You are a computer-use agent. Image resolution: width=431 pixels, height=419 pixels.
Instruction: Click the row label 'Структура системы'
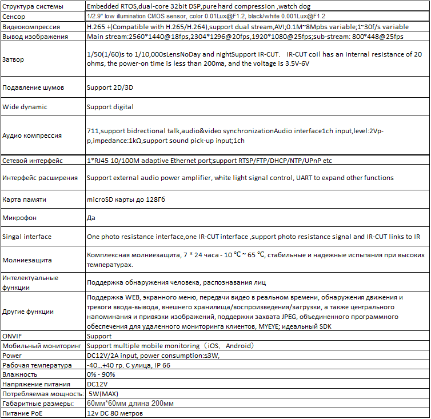pyautogui.click(x=33, y=6)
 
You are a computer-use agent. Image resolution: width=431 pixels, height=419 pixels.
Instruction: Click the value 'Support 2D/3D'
pyautogui.click(x=110, y=88)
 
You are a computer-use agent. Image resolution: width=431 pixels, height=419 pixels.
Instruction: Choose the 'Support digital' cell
pyautogui.click(x=110, y=107)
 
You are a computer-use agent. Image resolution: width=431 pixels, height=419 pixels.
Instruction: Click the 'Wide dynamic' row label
pyautogui.click(x=25, y=107)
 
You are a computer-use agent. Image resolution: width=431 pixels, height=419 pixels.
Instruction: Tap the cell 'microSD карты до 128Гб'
pyautogui.click(x=126, y=199)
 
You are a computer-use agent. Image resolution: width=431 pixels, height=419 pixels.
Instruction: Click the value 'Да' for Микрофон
pyautogui.click(x=91, y=218)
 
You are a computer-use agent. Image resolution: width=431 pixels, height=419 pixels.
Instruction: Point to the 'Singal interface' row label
pyautogui.click(x=27, y=237)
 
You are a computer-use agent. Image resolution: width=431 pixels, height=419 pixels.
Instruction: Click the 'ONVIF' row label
pyautogui.click(x=13, y=336)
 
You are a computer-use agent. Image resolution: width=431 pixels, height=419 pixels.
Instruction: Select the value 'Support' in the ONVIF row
pyautogui.click(x=99, y=336)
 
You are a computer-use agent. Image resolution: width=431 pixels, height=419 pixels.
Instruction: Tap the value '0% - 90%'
pyautogui.click(x=102, y=374)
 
